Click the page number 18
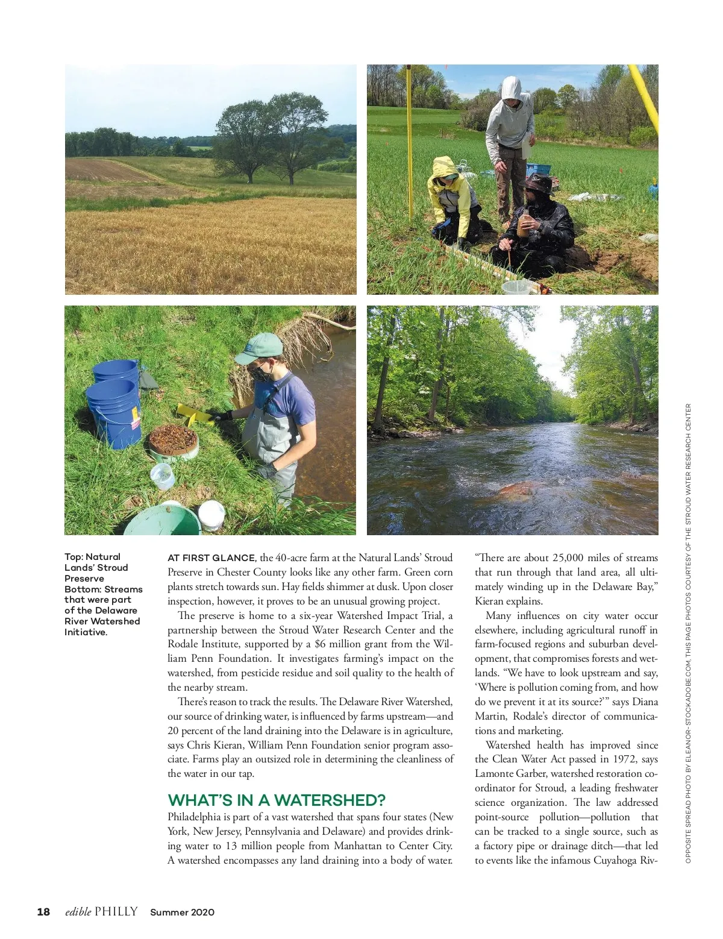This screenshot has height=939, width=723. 43,912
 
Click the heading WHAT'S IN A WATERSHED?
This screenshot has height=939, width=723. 277,800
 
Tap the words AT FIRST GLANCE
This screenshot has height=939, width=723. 211,558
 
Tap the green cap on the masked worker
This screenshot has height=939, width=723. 260,348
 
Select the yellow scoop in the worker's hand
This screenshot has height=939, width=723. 193,414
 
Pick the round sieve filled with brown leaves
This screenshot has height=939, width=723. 173,440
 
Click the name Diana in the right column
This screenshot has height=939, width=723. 645,702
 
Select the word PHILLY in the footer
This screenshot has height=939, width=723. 116,912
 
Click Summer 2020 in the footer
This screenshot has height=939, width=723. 182,912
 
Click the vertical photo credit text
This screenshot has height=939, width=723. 688,633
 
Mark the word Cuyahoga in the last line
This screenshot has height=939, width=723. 615,861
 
